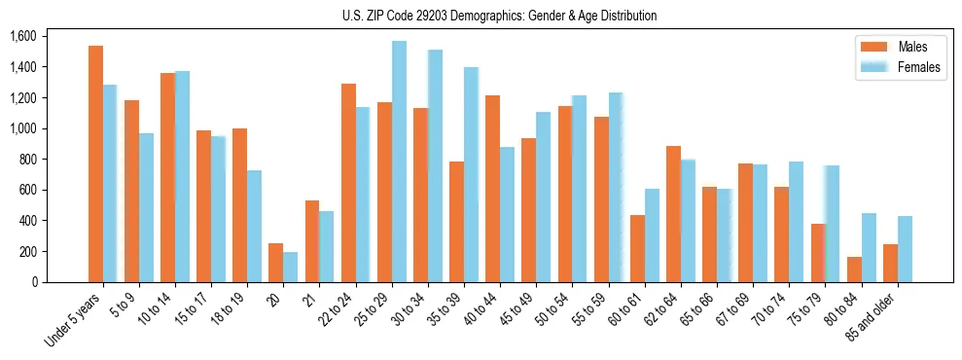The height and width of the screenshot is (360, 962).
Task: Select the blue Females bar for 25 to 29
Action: click(x=399, y=162)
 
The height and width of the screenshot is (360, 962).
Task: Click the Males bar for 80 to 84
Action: click(x=854, y=270)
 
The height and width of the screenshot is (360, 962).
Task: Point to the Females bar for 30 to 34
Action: click(x=435, y=165)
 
